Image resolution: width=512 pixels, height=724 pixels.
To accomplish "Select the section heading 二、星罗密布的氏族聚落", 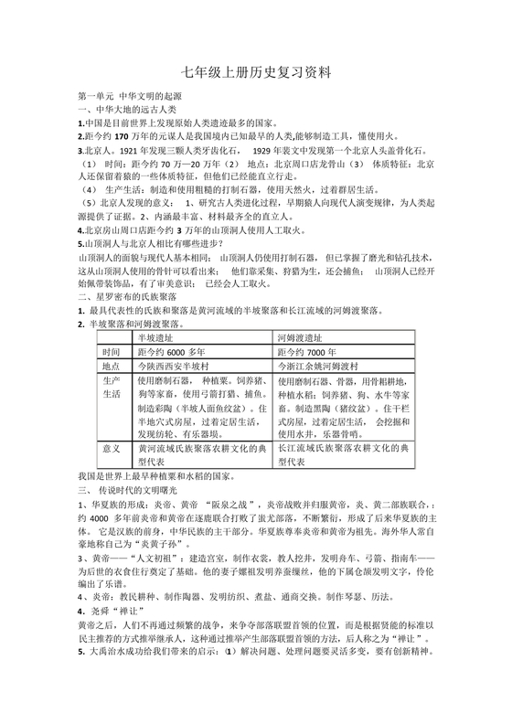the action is [133, 297].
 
